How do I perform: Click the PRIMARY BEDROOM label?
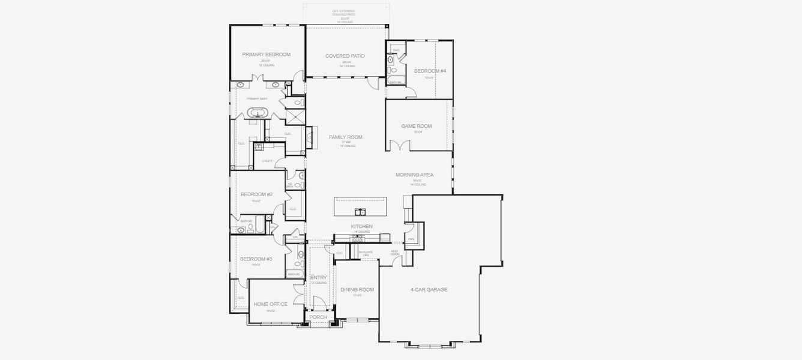coord(266,55)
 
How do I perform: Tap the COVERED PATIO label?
coord(345,56)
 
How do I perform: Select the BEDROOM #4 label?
coord(430,71)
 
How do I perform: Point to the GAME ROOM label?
coord(417,126)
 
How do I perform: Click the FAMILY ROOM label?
coord(345,137)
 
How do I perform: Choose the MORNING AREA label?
coord(414,175)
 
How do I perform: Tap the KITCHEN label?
coord(362,226)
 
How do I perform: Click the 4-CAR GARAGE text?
coord(429,290)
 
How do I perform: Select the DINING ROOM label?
coord(357,290)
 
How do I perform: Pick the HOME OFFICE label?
coord(270,304)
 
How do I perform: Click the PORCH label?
coord(318,317)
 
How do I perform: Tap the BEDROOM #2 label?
coord(256,194)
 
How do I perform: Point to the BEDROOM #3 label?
coord(256,259)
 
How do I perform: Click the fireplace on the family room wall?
coord(310,137)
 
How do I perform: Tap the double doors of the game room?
coord(397,146)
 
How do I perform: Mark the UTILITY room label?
coord(268,161)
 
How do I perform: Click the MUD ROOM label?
coord(394,252)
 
